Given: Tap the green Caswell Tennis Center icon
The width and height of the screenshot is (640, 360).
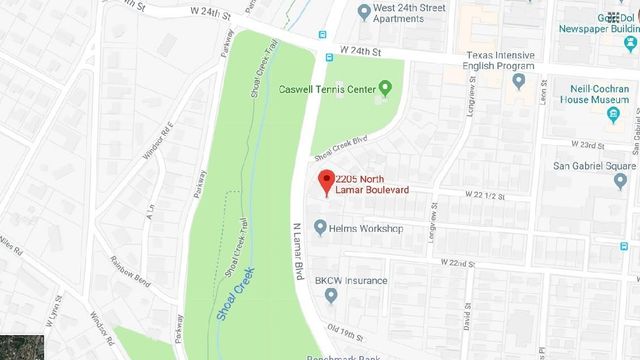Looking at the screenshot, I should coord(385,90).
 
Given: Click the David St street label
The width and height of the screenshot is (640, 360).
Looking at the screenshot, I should coord(468,324).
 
